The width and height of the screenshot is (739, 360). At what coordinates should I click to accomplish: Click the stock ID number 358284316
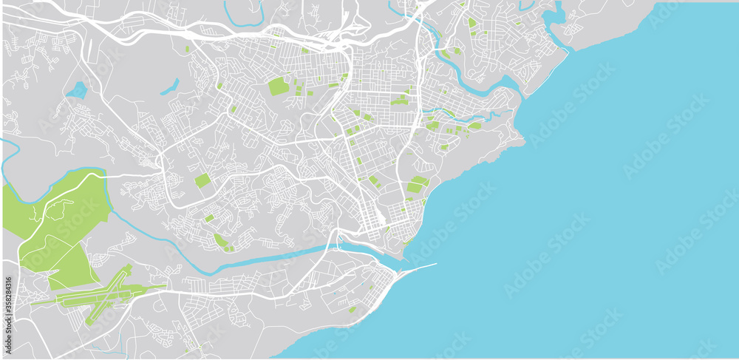click(x=7, y=304)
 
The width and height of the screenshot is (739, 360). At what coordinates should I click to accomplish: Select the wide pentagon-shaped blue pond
click(x=76, y=91)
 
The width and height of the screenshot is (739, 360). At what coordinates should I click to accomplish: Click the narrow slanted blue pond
click(x=169, y=86)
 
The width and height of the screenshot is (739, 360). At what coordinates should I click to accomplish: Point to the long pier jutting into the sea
click(x=418, y=268)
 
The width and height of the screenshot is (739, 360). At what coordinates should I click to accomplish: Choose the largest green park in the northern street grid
click(x=279, y=86)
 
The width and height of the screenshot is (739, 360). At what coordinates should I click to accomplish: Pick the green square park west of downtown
click(x=202, y=180)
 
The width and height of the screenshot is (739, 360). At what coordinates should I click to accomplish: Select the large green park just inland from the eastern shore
click(x=418, y=185)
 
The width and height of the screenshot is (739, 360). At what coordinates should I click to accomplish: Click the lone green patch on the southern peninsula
click(x=352, y=310)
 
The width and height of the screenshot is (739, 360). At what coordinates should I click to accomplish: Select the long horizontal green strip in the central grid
click(x=399, y=102)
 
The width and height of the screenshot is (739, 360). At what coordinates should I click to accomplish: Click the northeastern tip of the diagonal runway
click(x=130, y=267)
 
